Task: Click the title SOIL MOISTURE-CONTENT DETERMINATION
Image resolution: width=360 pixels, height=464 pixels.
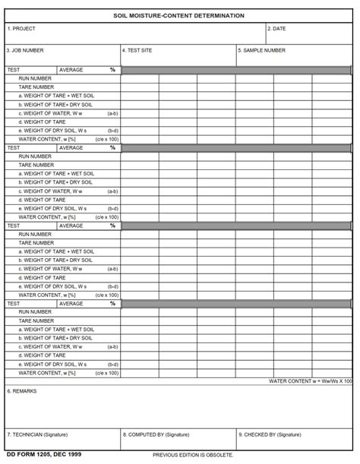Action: (179, 15)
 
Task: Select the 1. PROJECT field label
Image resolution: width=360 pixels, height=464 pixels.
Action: (21, 29)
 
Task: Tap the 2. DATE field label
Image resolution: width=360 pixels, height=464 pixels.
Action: (277, 29)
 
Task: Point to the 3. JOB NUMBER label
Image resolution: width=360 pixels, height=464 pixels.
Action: (25, 51)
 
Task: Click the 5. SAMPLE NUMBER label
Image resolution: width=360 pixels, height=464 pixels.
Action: (262, 51)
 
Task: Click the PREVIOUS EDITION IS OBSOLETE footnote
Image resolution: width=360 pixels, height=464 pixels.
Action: (193, 454)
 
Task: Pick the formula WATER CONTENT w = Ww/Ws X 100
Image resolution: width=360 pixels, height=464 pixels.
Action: (311, 380)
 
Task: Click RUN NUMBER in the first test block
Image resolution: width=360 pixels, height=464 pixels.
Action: (35, 78)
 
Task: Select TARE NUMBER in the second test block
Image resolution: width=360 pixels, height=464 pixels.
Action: (36, 165)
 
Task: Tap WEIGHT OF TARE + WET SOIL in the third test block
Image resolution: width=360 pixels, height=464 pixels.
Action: (56, 251)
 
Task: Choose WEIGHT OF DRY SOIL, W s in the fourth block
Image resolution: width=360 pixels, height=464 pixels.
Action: (52, 364)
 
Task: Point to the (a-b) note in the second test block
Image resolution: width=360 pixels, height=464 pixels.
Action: (112, 191)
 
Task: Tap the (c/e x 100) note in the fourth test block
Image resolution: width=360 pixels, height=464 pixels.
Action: (107, 373)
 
